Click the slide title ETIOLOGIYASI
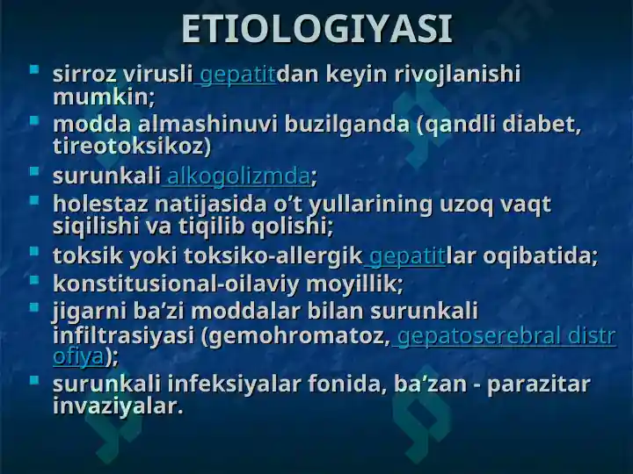(x=316, y=29)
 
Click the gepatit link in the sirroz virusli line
(x=237, y=75)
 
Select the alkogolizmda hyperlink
(x=238, y=176)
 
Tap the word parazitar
(x=539, y=384)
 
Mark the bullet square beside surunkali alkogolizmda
(x=34, y=171)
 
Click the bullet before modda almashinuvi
(x=34, y=119)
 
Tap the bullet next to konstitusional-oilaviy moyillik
(x=34, y=279)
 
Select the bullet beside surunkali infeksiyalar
(x=34, y=379)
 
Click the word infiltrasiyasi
(x=124, y=335)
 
